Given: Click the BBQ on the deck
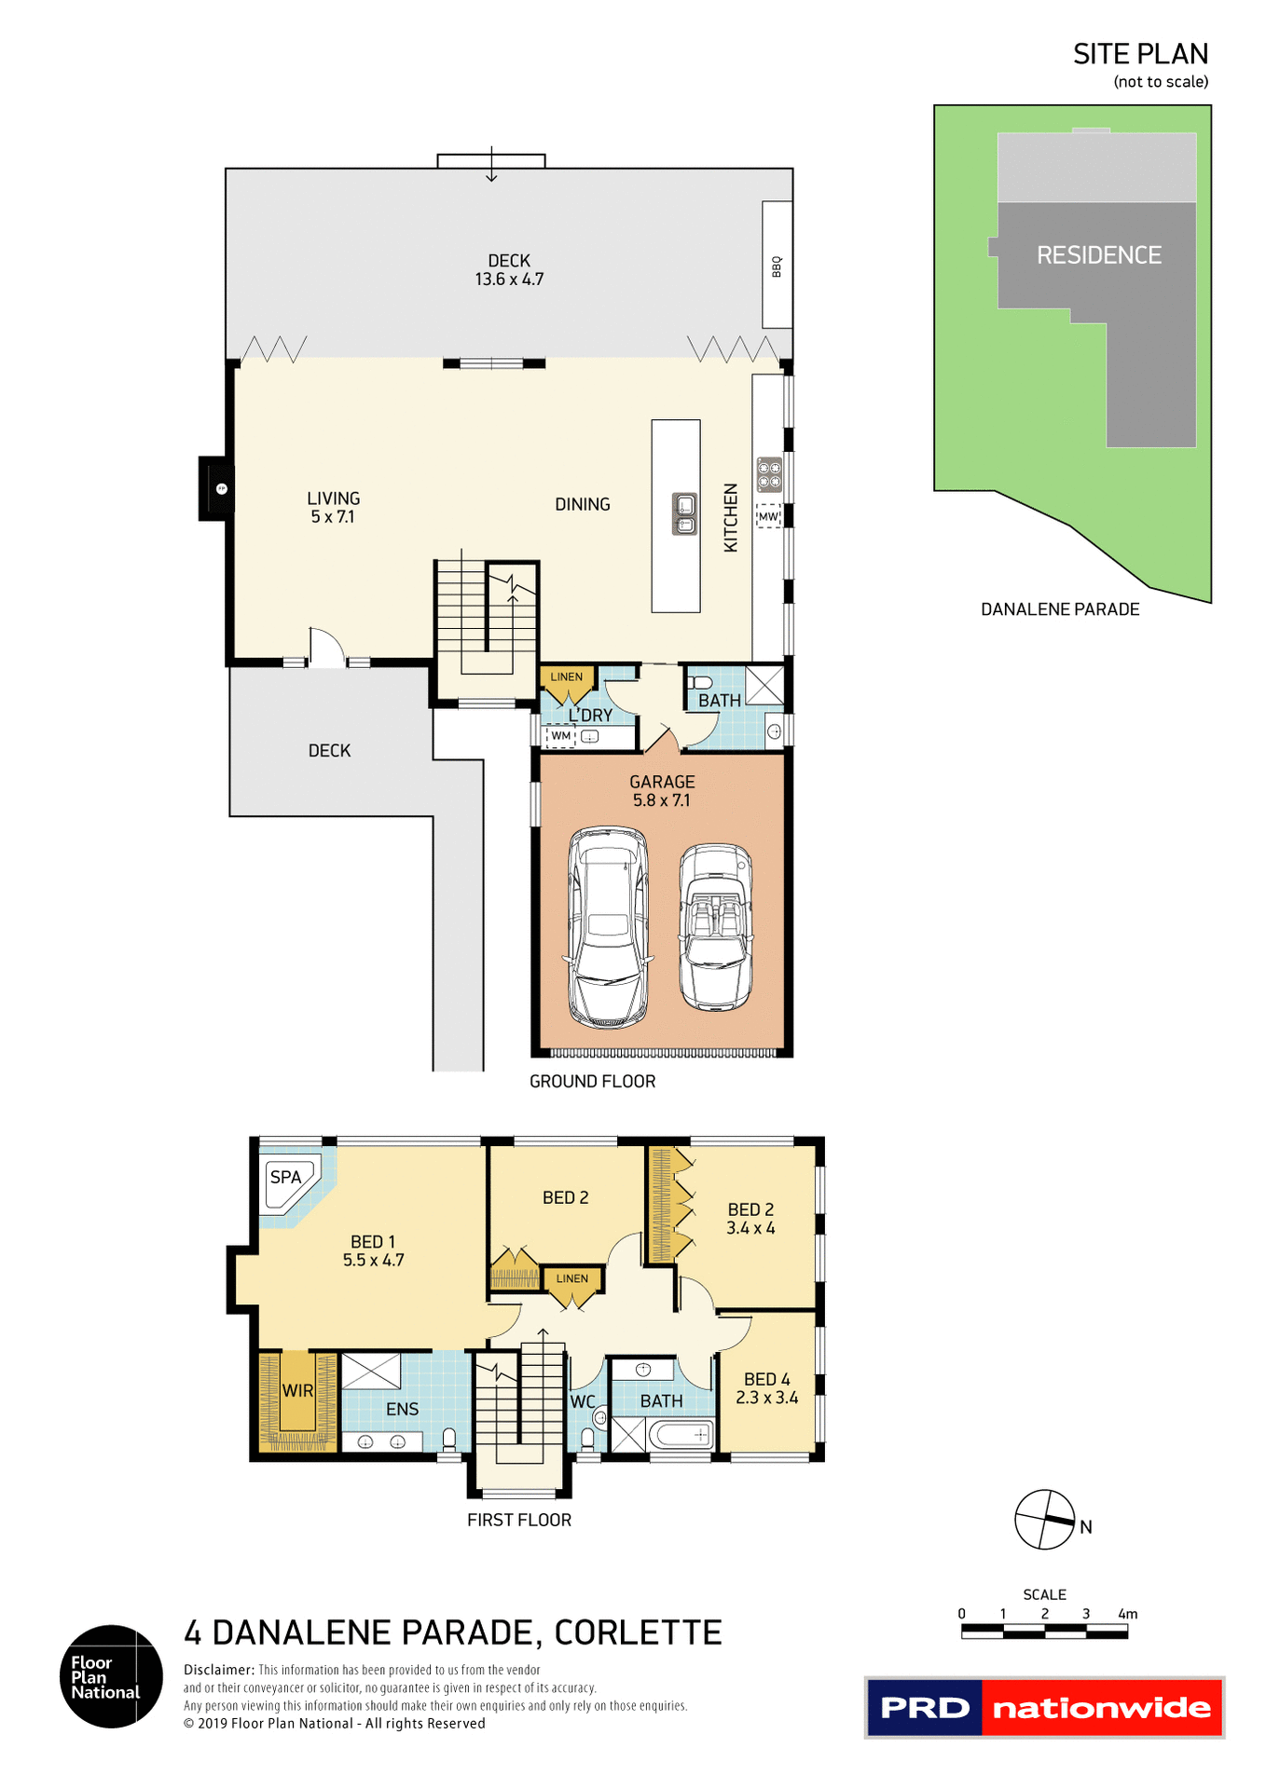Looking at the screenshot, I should [x=777, y=266].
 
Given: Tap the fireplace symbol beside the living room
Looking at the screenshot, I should [x=221, y=488].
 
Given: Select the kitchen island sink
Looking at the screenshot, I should [x=684, y=514].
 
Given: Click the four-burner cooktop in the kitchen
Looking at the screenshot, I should [x=769, y=474].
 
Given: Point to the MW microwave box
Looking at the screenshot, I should [x=768, y=516].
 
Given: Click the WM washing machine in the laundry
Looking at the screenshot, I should [x=560, y=736].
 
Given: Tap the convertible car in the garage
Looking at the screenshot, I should [x=715, y=927].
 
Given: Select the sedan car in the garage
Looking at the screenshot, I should [x=609, y=927].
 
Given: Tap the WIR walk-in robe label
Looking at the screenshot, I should [x=297, y=1390].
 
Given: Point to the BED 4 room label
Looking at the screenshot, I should [x=766, y=1379].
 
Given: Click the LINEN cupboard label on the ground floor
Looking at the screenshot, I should [x=566, y=676].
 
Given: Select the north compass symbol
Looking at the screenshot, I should [x=1045, y=1520].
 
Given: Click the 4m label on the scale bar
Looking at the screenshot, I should [x=1127, y=1614].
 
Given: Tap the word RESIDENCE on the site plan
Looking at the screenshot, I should [x=1099, y=255].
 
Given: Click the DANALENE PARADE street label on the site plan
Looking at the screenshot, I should [x=1060, y=609].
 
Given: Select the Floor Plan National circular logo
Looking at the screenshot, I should [x=111, y=1676].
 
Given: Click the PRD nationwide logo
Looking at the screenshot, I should [x=1044, y=1707].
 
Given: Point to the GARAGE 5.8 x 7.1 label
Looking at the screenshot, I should [x=662, y=791].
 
